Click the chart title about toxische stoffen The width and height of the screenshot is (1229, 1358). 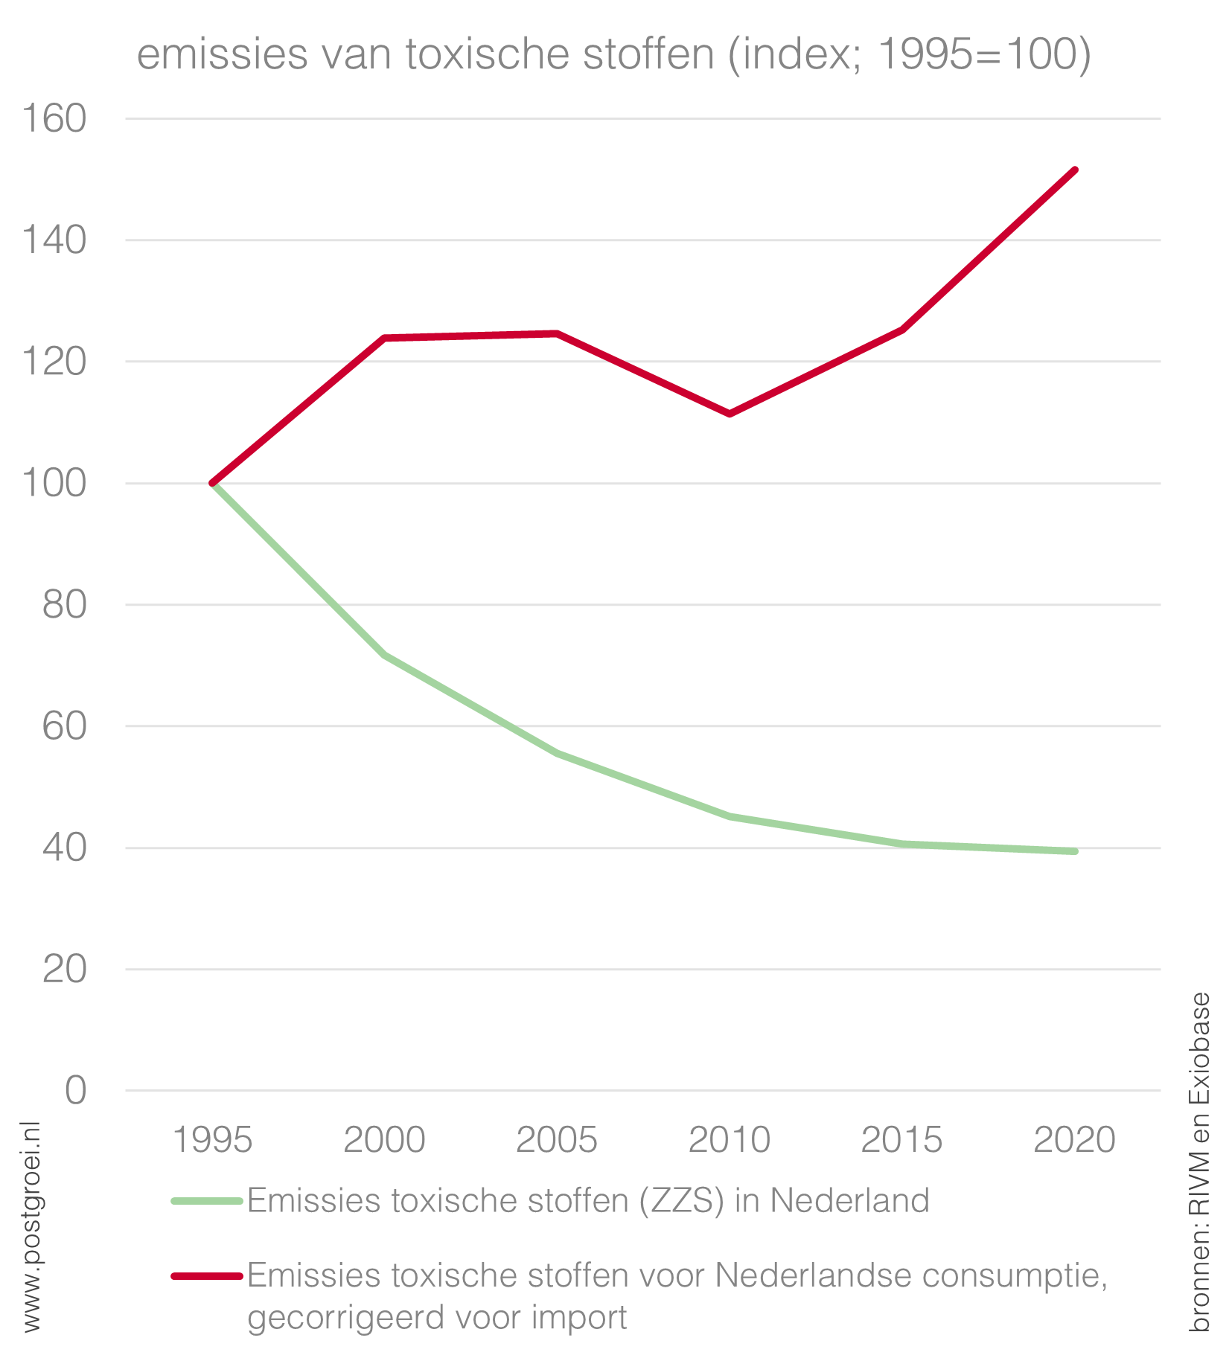613,54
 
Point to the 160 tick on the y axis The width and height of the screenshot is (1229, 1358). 54,119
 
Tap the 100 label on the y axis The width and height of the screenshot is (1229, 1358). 54,484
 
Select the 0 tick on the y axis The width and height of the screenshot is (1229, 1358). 75,1091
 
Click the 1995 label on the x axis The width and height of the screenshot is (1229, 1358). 213,1140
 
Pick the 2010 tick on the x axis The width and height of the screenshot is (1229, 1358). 730,1140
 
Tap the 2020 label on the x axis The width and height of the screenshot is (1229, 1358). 1074,1140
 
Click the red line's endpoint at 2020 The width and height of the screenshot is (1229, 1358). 1075,170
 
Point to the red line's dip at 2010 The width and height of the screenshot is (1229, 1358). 730,414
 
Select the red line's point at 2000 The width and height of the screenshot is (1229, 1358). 385,338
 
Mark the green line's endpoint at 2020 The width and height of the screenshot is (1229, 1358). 1075,851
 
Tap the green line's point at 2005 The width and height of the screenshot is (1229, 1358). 557,753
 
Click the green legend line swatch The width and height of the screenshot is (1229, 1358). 207,1201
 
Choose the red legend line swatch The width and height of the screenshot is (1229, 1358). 207,1276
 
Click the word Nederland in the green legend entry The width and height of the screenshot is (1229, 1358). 849,1201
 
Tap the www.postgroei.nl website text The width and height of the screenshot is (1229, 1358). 31,1228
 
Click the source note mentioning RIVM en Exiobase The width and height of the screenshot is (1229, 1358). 1198,1161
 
